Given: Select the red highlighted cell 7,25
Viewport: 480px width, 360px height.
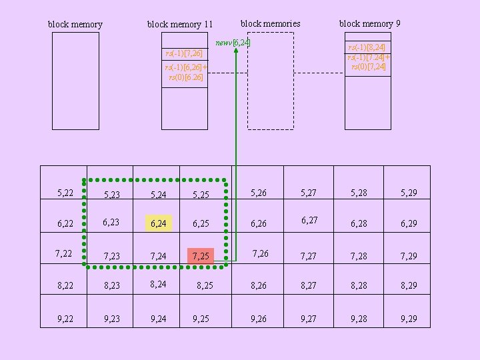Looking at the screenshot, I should tap(201, 256).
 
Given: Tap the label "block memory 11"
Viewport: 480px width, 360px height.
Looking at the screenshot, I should tap(179, 25).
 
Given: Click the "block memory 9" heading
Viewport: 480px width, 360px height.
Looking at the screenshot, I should tap(369, 23).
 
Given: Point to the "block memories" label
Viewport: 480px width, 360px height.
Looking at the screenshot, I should tap(270, 23).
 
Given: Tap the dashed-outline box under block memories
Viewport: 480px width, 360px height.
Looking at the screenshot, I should tap(271, 81).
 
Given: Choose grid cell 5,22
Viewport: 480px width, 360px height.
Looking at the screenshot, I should tap(65, 193).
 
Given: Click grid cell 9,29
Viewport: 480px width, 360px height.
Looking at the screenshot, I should tap(409, 319).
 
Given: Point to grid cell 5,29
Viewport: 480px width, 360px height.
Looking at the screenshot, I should tap(409, 193).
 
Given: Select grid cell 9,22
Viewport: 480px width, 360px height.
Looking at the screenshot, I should tap(65, 319).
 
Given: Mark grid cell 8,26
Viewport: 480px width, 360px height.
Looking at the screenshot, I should tap(258, 287).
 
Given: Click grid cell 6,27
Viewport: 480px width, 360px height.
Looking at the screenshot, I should tap(309, 220).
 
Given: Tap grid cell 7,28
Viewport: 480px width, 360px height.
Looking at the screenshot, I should tap(359, 256).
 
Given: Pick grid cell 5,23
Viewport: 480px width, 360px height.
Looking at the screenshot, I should tap(111, 195).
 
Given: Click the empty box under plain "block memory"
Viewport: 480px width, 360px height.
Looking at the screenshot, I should tap(75, 81).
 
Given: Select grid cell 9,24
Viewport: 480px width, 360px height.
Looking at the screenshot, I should tap(159, 319).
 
